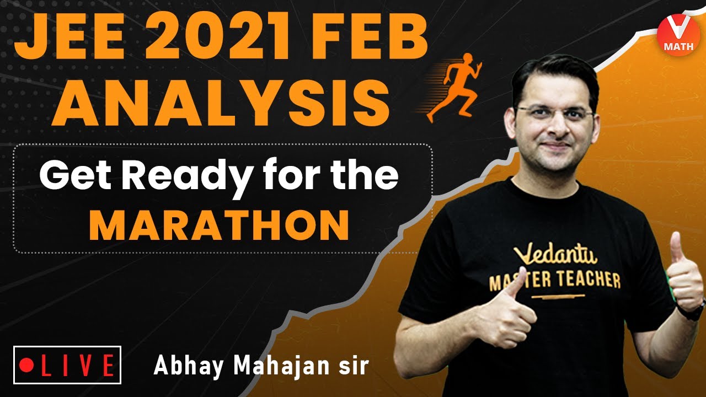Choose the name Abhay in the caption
[182, 366]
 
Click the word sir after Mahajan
[354, 366]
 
